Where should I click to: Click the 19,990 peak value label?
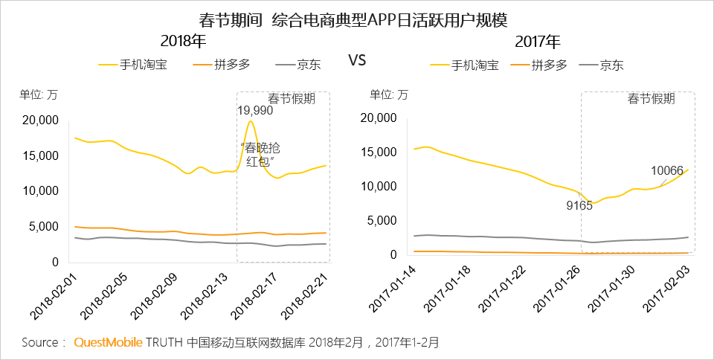255,110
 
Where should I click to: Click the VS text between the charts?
357,60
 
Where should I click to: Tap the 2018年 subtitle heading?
183,41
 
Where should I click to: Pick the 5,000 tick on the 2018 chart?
42,227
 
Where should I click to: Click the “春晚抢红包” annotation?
260,154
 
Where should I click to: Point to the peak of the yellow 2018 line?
251,121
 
